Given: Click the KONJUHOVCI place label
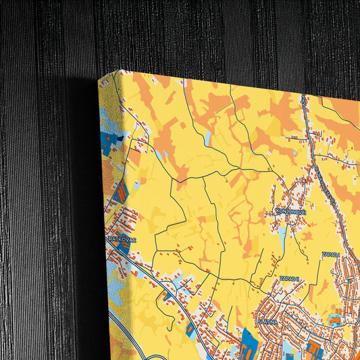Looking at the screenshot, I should coord(291,211).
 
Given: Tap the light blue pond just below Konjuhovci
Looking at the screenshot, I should coord(282,236).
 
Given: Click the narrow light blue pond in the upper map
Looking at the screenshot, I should coord(208,138).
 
